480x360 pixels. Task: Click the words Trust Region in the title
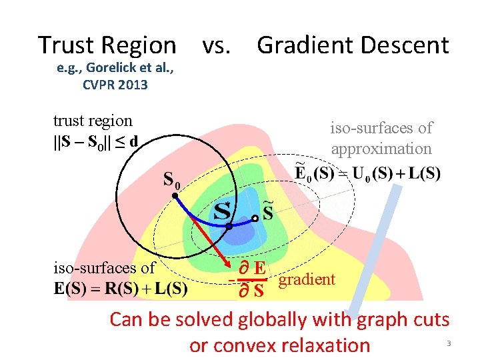coord(107,45)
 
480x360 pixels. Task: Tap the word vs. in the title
coord(217,45)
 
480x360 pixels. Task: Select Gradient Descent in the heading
coord(353,45)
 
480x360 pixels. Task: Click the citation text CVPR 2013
coord(115,85)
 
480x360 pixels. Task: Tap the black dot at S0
coord(173,195)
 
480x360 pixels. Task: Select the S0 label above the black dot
coord(173,179)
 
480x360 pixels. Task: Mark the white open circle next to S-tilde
coord(255,218)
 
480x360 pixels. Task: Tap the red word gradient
coord(307,279)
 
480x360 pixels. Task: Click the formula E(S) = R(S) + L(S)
coord(120,289)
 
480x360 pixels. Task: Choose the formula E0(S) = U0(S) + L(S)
coord(367,175)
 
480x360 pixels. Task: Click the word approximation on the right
coord(381,148)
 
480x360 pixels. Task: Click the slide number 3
coord(449,343)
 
